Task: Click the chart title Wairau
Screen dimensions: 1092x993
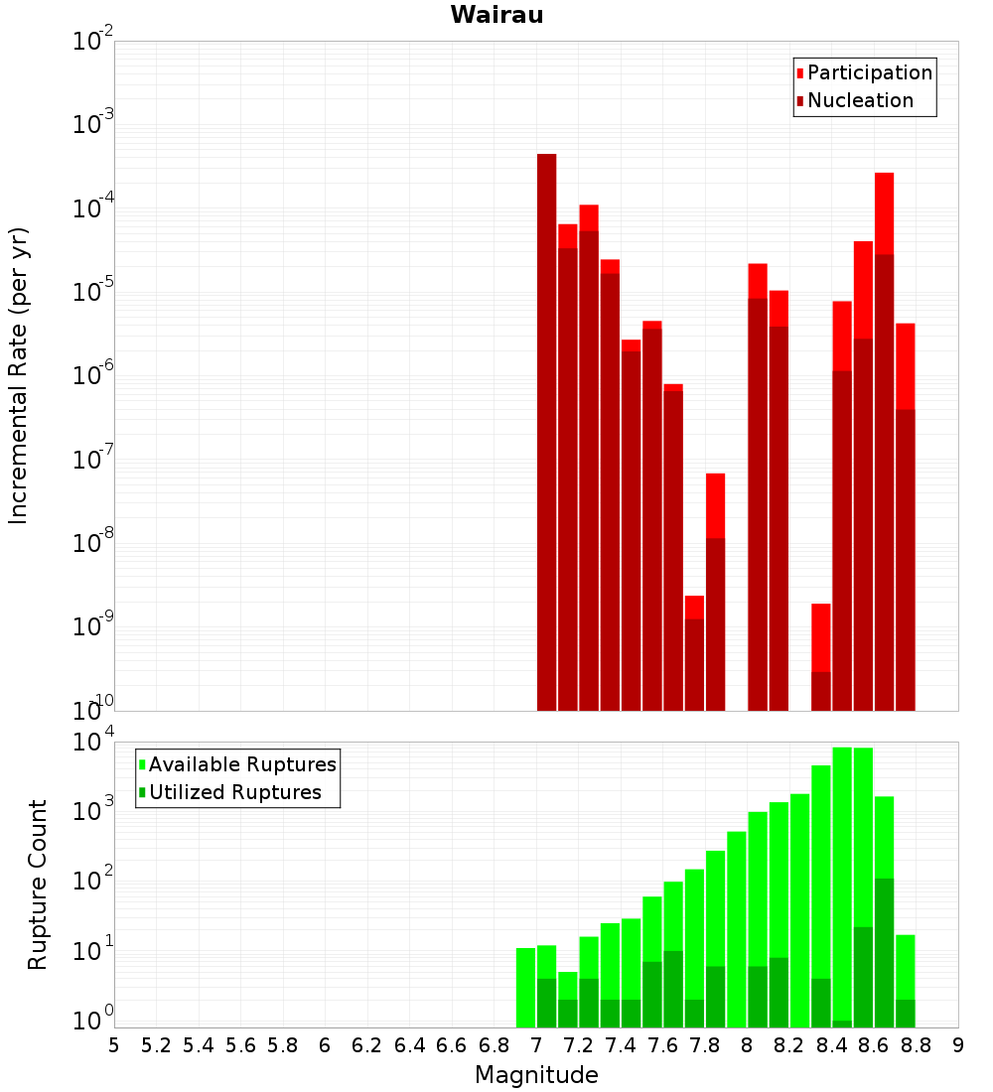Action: tap(496, 15)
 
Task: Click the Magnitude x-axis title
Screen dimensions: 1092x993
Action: tap(536, 1075)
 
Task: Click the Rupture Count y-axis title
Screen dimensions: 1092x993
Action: tap(38, 884)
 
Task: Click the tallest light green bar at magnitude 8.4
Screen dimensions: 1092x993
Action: tap(842, 884)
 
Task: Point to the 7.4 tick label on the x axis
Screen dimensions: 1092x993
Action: tap(621, 1045)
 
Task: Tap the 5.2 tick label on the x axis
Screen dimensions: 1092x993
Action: tap(157, 1045)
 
